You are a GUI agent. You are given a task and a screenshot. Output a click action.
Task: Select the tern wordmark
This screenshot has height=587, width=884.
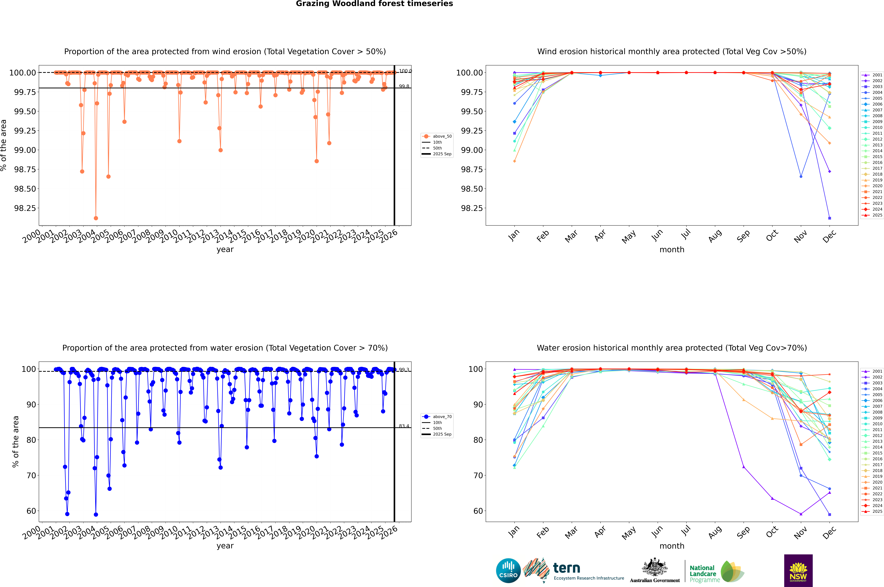(x=567, y=568)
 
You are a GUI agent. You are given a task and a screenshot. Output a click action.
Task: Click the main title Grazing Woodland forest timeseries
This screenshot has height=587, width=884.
(x=374, y=4)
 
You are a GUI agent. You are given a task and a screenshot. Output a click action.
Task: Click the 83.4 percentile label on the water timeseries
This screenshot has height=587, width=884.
(x=404, y=426)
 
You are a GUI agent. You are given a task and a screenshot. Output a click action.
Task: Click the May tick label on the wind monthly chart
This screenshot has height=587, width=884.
(x=629, y=237)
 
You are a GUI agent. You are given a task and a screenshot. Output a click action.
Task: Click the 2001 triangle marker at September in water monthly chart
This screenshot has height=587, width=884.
(x=743, y=467)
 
